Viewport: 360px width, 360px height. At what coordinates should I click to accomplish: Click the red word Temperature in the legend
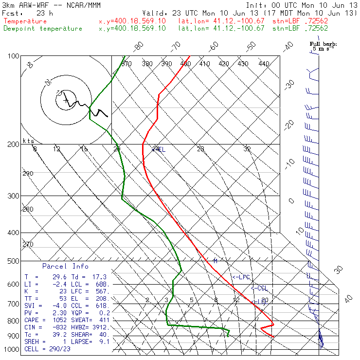25,21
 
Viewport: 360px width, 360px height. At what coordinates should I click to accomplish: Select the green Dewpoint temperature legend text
43,29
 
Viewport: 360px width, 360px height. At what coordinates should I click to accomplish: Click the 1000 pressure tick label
10,349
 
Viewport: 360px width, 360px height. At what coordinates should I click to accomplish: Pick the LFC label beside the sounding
242,277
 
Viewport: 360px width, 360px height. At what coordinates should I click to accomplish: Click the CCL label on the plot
260,288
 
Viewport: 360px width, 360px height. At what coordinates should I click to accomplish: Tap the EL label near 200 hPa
160,149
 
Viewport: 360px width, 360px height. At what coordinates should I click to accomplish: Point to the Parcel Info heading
65,266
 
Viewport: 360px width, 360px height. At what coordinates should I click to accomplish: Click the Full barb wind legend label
323,44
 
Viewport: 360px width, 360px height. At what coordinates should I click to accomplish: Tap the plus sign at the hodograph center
66,101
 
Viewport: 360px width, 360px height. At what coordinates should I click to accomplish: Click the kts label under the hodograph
28,141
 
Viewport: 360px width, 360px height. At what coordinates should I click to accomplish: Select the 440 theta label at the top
264,64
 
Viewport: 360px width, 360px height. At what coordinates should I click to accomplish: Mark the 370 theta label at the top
126,64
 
